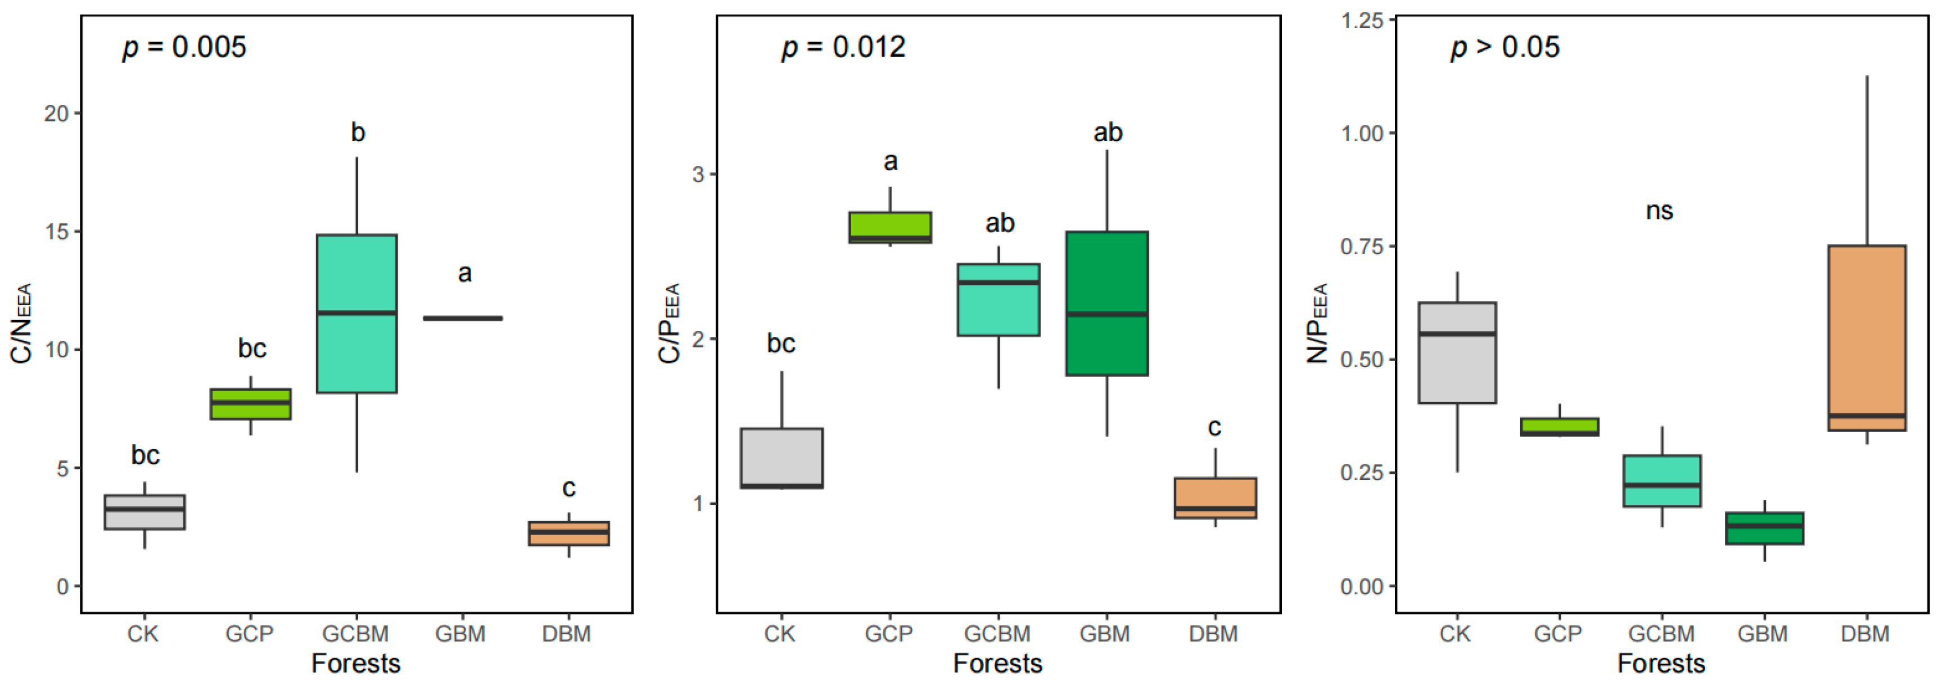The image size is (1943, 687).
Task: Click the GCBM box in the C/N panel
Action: (x=357, y=314)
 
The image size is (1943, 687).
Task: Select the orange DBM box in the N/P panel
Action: (x=1866, y=338)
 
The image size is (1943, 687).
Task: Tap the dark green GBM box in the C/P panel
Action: (x=1106, y=303)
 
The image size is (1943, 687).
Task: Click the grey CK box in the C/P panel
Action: (x=781, y=458)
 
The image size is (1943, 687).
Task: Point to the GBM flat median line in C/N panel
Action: (x=462, y=318)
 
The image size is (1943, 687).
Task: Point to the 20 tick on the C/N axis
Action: (x=57, y=114)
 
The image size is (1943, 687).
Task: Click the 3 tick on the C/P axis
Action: (x=698, y=174)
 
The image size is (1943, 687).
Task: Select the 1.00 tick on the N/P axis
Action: (x=1362, y=133)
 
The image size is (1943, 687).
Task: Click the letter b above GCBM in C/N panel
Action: (x=358, y=133)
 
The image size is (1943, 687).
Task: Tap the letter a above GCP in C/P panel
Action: (x=890, y=161)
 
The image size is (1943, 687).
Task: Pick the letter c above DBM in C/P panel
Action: (x=1214, y=428)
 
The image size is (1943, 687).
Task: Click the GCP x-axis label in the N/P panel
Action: (x=1557, y=634)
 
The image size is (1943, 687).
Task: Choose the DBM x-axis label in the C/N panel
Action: (x=567, y=634)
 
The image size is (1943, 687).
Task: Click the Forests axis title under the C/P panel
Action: (x=997, y=663)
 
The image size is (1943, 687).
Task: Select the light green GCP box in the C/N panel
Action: (x=250, y=404)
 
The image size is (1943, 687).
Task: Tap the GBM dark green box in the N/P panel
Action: (x=1764, y=528)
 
